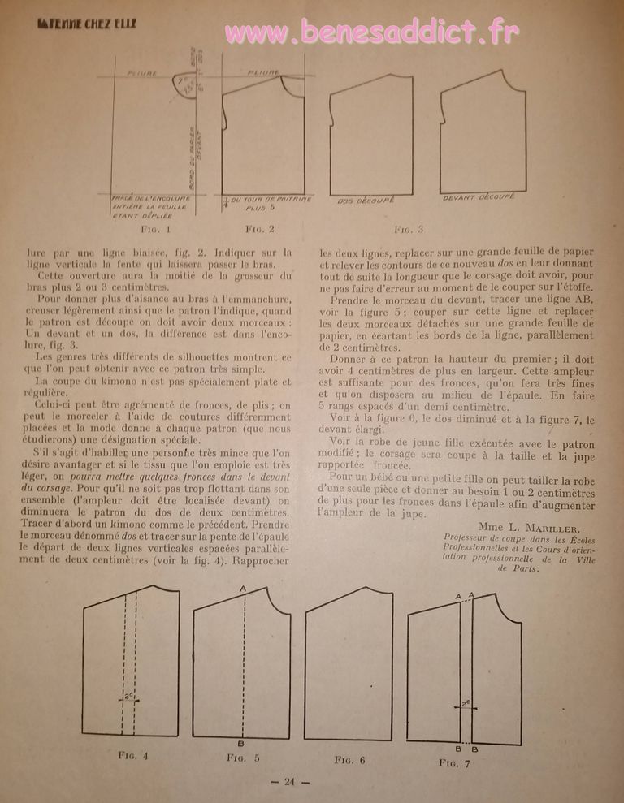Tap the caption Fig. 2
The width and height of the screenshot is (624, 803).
point(259,229)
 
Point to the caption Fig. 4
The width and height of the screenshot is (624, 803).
point(134,755)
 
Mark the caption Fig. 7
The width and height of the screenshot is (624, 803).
point(454,762)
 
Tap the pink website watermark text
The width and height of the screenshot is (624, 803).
point(370,32)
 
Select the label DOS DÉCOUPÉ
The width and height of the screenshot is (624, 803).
point(365,200)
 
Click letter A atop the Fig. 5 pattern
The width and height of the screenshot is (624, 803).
point(243,588)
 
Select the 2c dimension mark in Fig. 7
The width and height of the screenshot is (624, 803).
point(466,704)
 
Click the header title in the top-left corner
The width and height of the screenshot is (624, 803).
point(88,24)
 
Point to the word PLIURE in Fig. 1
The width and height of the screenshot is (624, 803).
point(142,74)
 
